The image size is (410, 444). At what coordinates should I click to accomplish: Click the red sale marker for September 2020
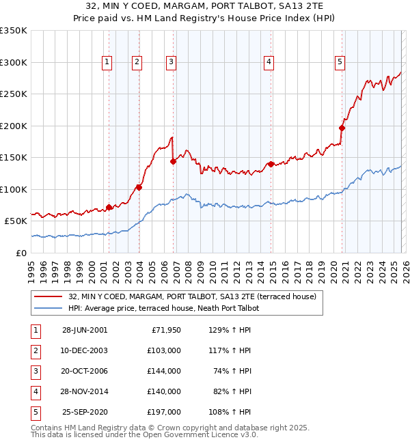point(342,127)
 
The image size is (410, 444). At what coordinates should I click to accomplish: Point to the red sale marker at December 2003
point(139,186)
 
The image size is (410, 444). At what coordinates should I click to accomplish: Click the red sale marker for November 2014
point(271,164)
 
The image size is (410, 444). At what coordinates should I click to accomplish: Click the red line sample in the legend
point(49,297)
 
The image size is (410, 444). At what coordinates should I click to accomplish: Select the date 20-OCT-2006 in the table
point(85,371)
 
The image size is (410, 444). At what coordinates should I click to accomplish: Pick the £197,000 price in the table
point(163,412)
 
